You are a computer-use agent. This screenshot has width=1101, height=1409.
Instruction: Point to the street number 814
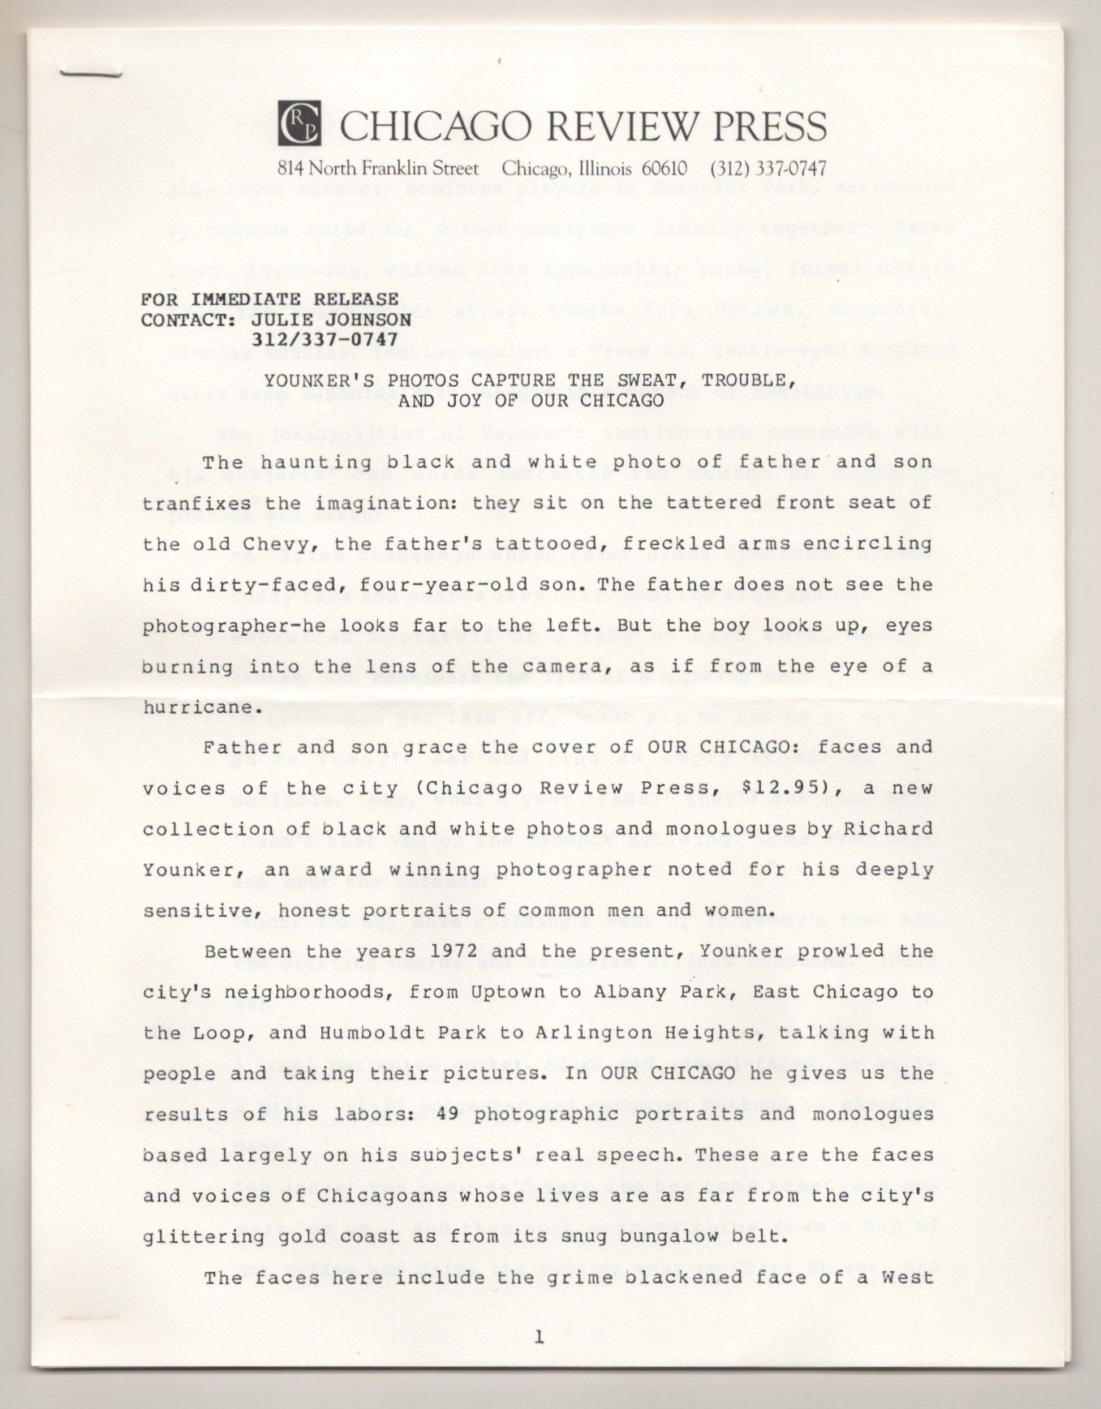coord(290,169)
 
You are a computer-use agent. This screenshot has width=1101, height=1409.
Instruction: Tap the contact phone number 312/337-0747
coord(325,340)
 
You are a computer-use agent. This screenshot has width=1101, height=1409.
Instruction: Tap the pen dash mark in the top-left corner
coord(89,74)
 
